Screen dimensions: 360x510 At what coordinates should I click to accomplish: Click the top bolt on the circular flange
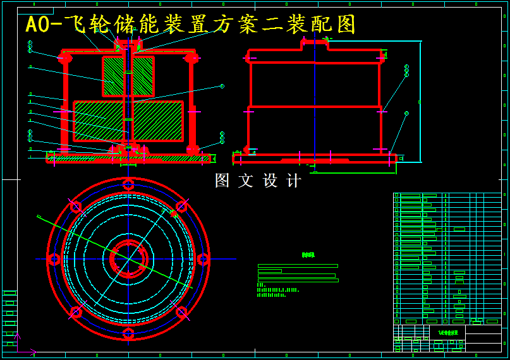coord(128,184)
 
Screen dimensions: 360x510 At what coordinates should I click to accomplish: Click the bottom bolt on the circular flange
coord(128,333)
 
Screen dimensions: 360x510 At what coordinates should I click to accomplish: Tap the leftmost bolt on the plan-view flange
coord(54,259)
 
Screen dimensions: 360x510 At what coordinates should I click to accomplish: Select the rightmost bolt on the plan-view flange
coord(203,259)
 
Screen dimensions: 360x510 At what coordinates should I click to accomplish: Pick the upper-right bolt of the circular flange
coord(181,207)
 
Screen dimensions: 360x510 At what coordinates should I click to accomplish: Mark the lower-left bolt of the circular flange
coord(76,311)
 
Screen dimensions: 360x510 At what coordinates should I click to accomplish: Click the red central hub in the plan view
coord(129,259)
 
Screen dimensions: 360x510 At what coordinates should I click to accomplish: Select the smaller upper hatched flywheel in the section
coord(128,76)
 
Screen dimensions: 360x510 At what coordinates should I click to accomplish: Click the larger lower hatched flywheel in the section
coord(128,121)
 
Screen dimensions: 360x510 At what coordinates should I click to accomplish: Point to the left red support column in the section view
coord(64,104)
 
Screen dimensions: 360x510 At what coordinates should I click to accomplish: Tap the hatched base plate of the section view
coord(128,159)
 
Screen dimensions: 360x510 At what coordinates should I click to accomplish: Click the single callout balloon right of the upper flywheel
coord(222,86)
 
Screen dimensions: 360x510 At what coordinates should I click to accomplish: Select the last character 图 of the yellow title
coord(346,25)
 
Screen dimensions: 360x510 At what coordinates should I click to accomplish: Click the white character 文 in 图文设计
coord(245,181)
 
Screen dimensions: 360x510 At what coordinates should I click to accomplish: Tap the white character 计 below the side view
coord(294,181)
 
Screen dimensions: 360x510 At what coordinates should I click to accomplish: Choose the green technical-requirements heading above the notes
coord(308,255)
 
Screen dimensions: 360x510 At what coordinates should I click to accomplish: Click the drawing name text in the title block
coord(447,332)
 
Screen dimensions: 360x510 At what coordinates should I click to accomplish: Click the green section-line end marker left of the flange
coord(38,217)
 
